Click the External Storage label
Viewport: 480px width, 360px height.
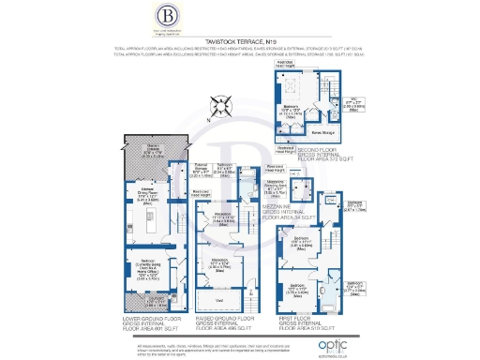click(x=180, y=168)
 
